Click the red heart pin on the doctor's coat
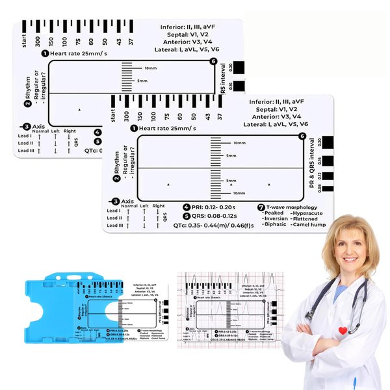click(x=343, y=331)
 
